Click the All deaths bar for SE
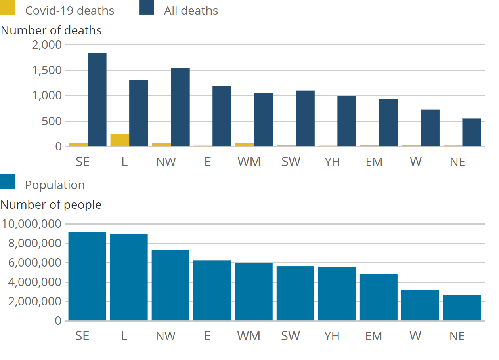point(97,100)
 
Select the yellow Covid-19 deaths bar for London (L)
point(120,140)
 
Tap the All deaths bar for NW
point(180,107)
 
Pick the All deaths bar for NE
point(472,132)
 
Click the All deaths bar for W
point(430,128)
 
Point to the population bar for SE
point(87,276)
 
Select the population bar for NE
point(462,307)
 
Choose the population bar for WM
point(254,291)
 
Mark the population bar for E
point(212,290)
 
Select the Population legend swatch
point(8,182)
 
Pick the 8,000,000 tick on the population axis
point(35,244)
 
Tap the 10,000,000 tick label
point(32,224)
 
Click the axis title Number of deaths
point(51,30)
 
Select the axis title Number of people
point(51,205)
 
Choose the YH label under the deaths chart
point(332,162)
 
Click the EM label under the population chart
point(374,336)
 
